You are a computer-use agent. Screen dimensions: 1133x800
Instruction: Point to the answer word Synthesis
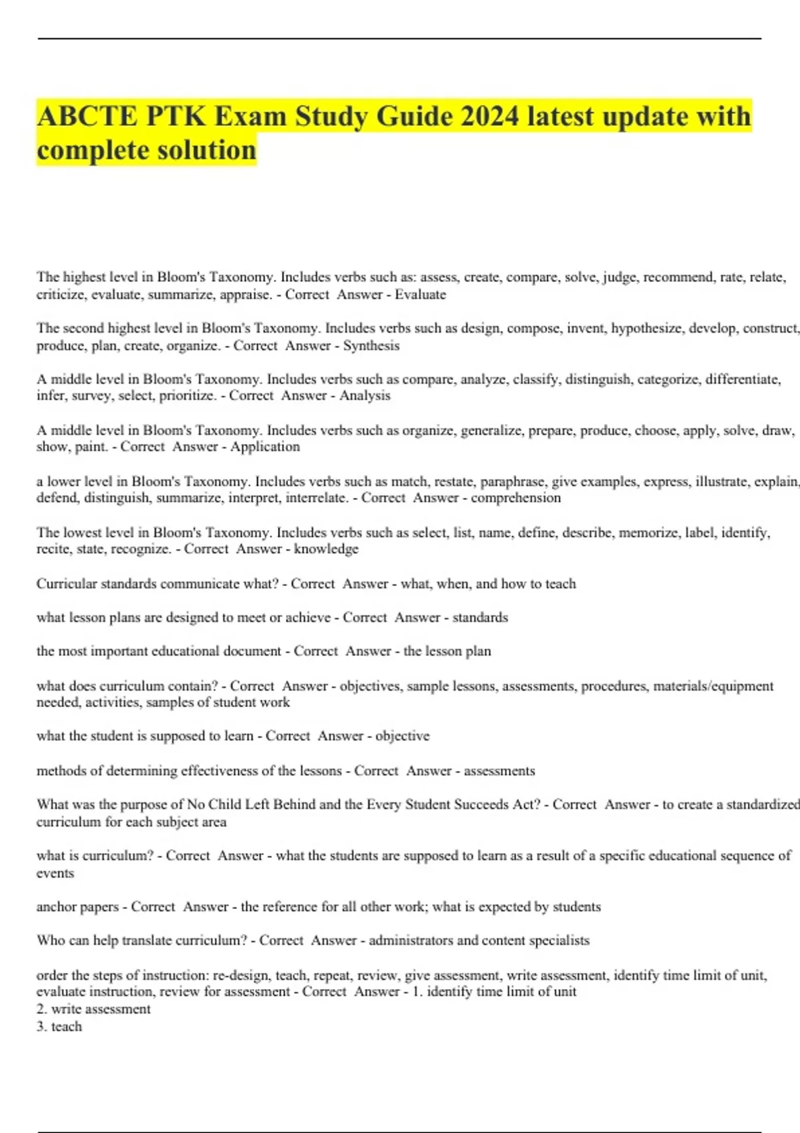point(371,346)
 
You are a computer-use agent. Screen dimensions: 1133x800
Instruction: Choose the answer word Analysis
point(365,396)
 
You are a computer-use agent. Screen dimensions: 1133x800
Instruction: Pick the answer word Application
point(265,447)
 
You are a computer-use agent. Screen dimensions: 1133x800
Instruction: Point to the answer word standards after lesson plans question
point(480,618)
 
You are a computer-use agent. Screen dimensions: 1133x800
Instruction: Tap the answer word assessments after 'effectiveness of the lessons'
point(499,771)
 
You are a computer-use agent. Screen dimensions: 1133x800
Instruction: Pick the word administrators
point(411,941)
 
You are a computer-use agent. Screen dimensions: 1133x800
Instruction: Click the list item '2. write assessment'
point(93,1009)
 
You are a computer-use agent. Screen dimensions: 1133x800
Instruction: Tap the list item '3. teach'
point(59,1026)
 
